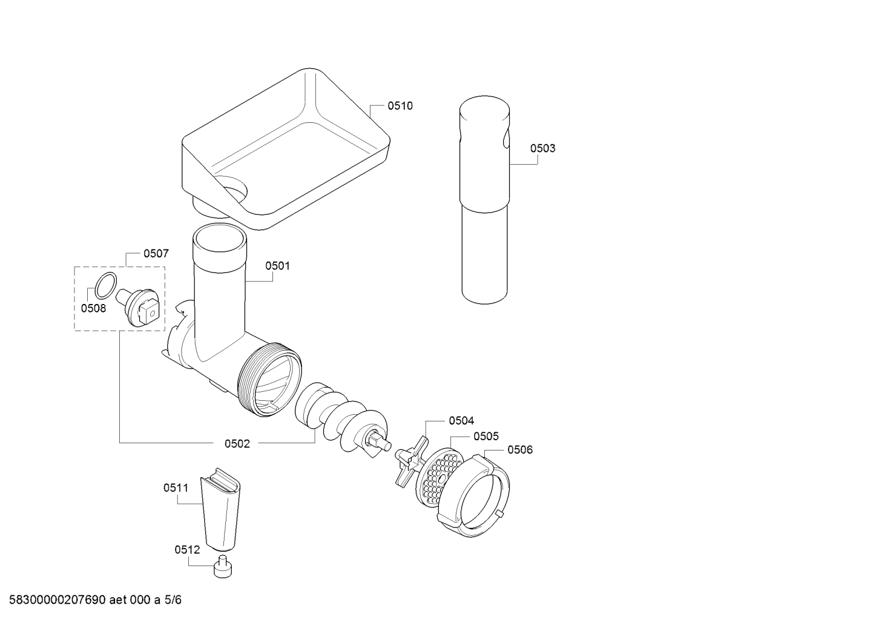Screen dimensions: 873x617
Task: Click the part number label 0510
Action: coord(400,105)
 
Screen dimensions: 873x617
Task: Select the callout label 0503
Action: coord(542,148)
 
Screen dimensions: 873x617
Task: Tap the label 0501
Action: coord(277,266)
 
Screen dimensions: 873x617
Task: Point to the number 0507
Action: coord(156,253)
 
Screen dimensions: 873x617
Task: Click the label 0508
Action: coord(93,308)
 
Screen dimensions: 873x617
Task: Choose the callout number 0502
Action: coord(237,444)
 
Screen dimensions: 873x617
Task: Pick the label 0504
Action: coord(461,421)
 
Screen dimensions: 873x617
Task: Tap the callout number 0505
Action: coord(486,436)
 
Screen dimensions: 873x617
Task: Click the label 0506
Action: coord(520,450)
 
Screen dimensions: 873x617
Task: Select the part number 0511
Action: coord(176,487)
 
